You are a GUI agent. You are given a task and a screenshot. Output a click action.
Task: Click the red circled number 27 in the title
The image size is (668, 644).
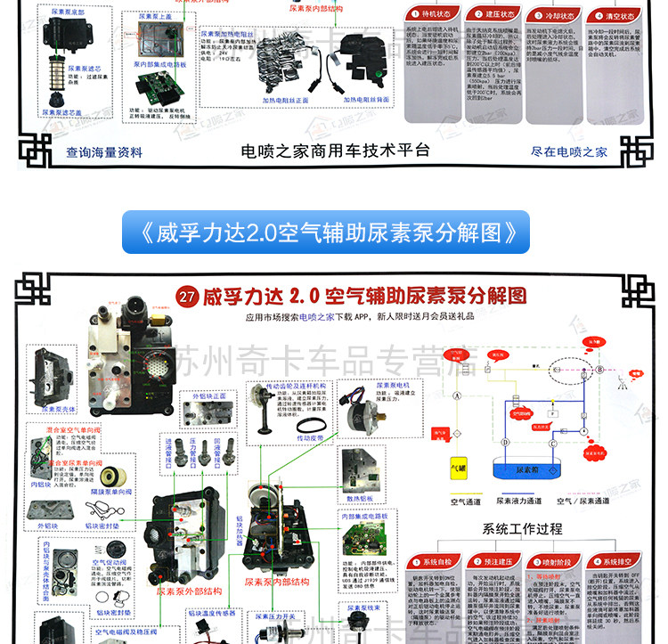point(187,296)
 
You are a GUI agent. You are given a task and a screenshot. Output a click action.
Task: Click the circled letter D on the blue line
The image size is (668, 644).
point(505,441)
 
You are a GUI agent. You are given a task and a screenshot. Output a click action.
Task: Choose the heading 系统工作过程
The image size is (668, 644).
point(522,529)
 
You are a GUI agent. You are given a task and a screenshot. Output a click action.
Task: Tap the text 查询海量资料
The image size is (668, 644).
point(104,152)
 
